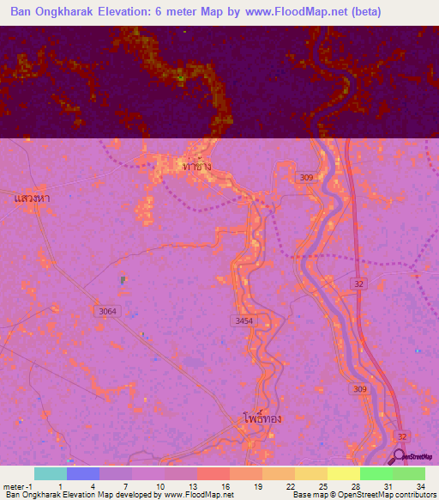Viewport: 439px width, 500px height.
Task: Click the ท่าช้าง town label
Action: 198,165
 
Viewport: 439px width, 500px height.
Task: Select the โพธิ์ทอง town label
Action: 262,420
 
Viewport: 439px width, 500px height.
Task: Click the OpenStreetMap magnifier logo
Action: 400,458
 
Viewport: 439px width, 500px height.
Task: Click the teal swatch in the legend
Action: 50,473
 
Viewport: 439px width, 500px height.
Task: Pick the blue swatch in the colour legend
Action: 82,473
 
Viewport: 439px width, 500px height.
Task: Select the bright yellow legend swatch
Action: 343,473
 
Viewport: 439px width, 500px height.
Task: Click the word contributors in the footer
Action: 411,495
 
